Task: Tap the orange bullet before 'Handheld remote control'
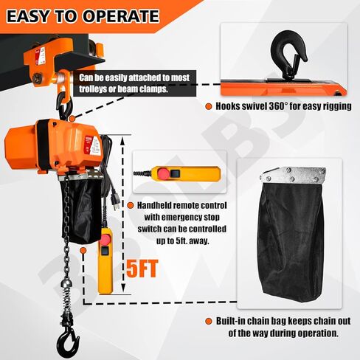coord(131,204)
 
